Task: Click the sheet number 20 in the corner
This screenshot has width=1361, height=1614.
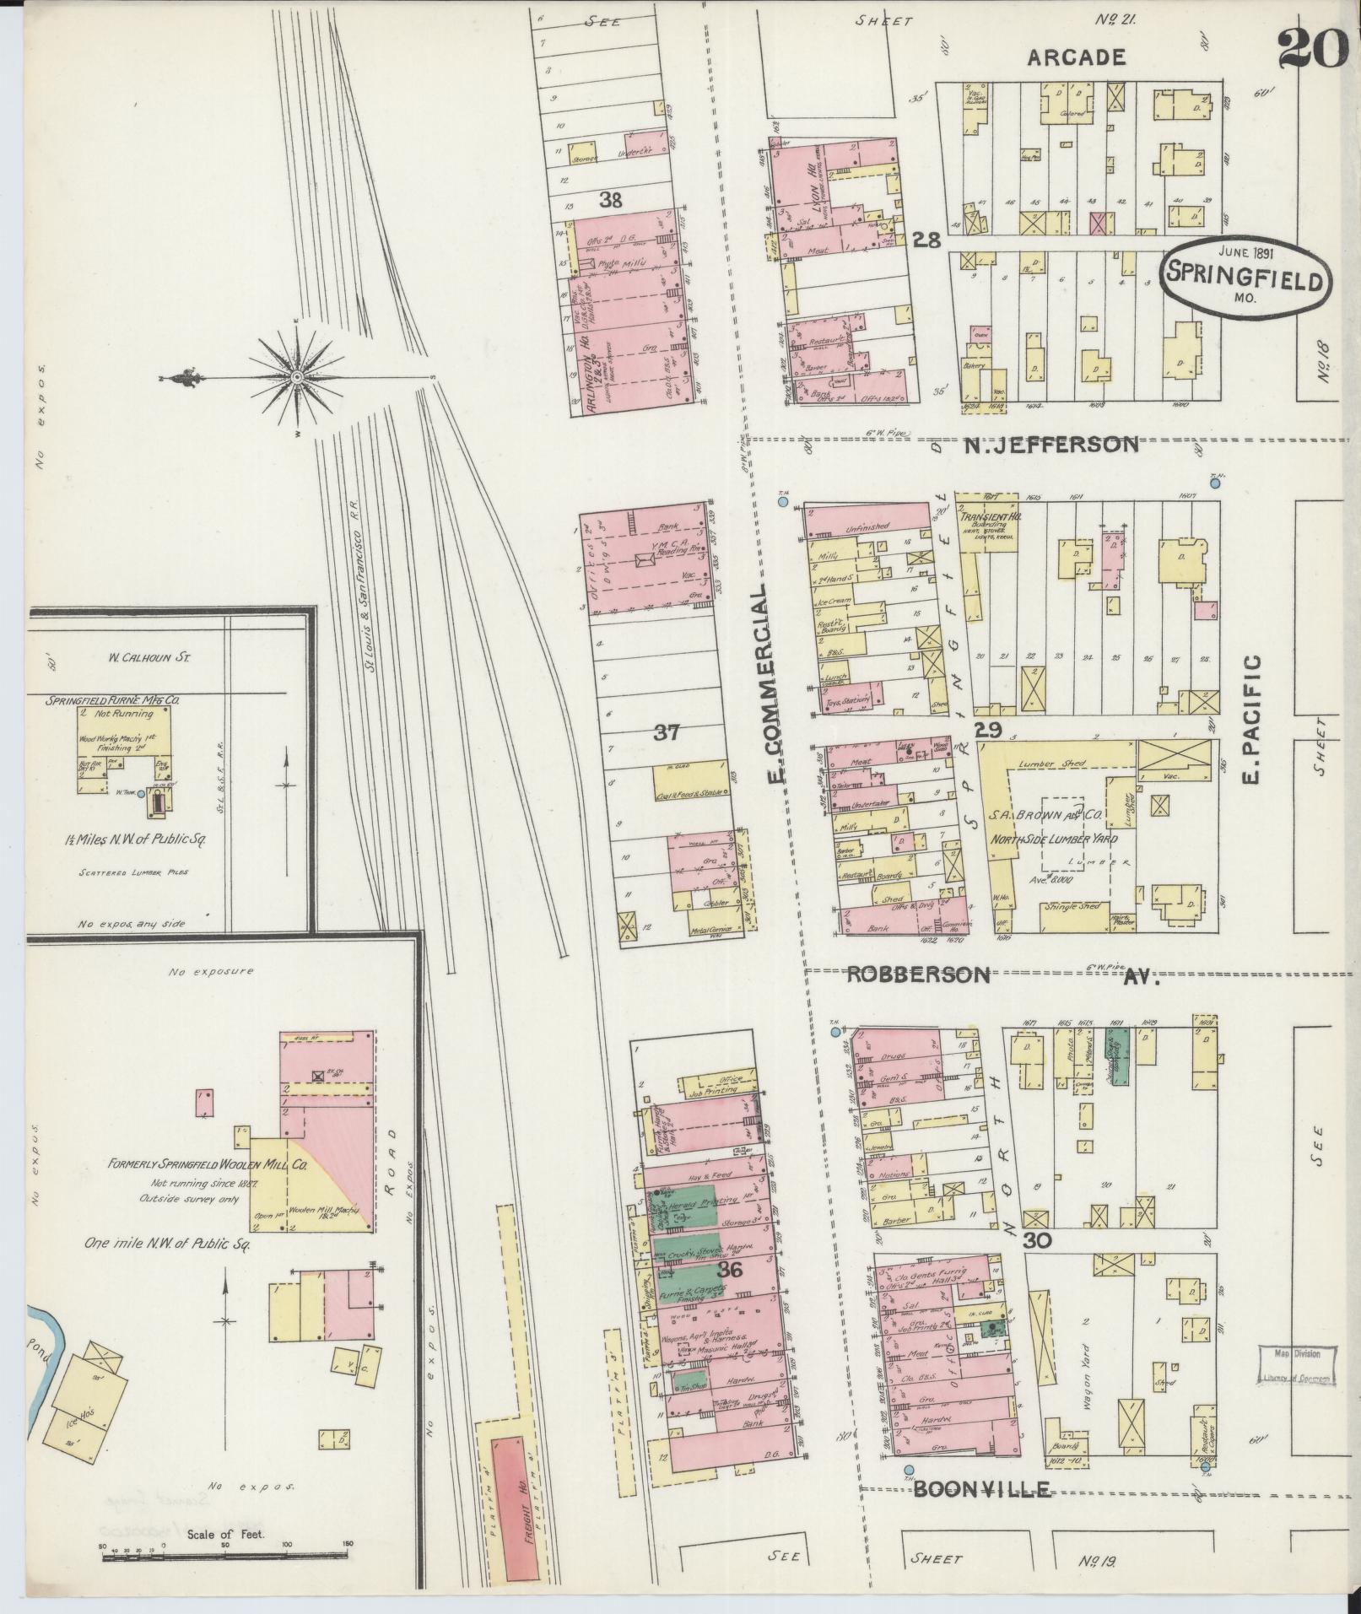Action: (1313, 49)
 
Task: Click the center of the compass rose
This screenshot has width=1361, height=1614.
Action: (297, 376)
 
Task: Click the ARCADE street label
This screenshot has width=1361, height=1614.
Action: (1077, 57)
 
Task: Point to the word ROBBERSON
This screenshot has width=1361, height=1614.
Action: (917, 974)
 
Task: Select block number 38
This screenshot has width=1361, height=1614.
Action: (611, 199)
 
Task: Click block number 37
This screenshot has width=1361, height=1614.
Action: (667, 732)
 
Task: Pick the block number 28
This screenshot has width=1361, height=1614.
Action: (926, 240)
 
